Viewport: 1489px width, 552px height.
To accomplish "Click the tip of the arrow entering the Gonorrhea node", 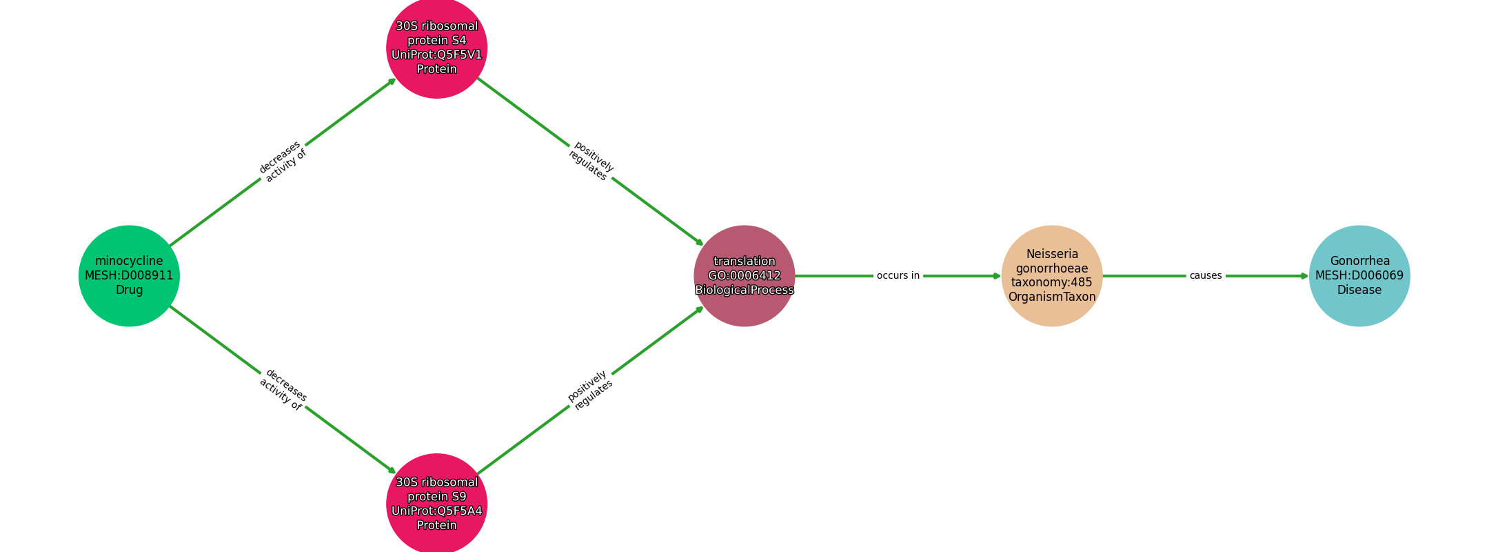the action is pyautogui.click(x=1308, y=276).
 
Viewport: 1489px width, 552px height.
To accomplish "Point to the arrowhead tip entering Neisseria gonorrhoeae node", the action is pyautogui.click(x=1001, y=276).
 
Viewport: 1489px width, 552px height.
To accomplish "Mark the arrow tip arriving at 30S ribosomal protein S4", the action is pyautogui.click(x=396, y=78).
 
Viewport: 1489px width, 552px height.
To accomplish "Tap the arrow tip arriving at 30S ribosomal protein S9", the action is pyautogui.click(x=396, y=474).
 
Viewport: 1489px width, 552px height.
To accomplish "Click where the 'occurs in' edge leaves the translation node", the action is pyautogui.click(x=795, y=276).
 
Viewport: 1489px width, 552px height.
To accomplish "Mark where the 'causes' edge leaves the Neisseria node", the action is pyautogui.click(x=1102, y=276).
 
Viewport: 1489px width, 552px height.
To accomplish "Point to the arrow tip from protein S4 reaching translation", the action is pyautogui.click(x=704, y=246).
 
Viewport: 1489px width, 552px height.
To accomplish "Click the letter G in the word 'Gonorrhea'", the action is pyautogui.click(x=1335, y=262).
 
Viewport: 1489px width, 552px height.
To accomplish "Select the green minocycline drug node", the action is pyautogui.click(x=129, y=276).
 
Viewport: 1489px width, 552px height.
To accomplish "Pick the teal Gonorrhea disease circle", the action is pyautogui.click(x=1359, y=276).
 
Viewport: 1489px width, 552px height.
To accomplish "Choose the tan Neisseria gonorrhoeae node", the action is pyautogui.click(x=1052, y=276).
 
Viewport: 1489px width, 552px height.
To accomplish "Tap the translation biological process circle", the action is pyautogui.click(x=744, y=276).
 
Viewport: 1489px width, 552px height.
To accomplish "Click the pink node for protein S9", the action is pyautogui.click(x=437, y=504).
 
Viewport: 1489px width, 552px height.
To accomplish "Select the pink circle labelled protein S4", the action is pyautogui.click(x=437, y=48).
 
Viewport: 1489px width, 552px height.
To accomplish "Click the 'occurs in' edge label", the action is pyautogui.click(x=898, y=276).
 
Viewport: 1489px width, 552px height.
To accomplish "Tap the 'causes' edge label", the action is pyautogui.click(x=1206, y=276).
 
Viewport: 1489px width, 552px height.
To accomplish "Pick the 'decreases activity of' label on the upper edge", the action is pyautogui.click(x=283, y=161).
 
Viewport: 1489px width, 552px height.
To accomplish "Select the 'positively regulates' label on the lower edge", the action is pyautogui.click(x=590, y=390).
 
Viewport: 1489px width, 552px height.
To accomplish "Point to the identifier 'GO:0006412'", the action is pyautogui.click(x=744, y=276).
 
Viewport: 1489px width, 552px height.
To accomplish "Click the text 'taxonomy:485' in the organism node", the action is pyautogui.click(x=1052, y=282).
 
